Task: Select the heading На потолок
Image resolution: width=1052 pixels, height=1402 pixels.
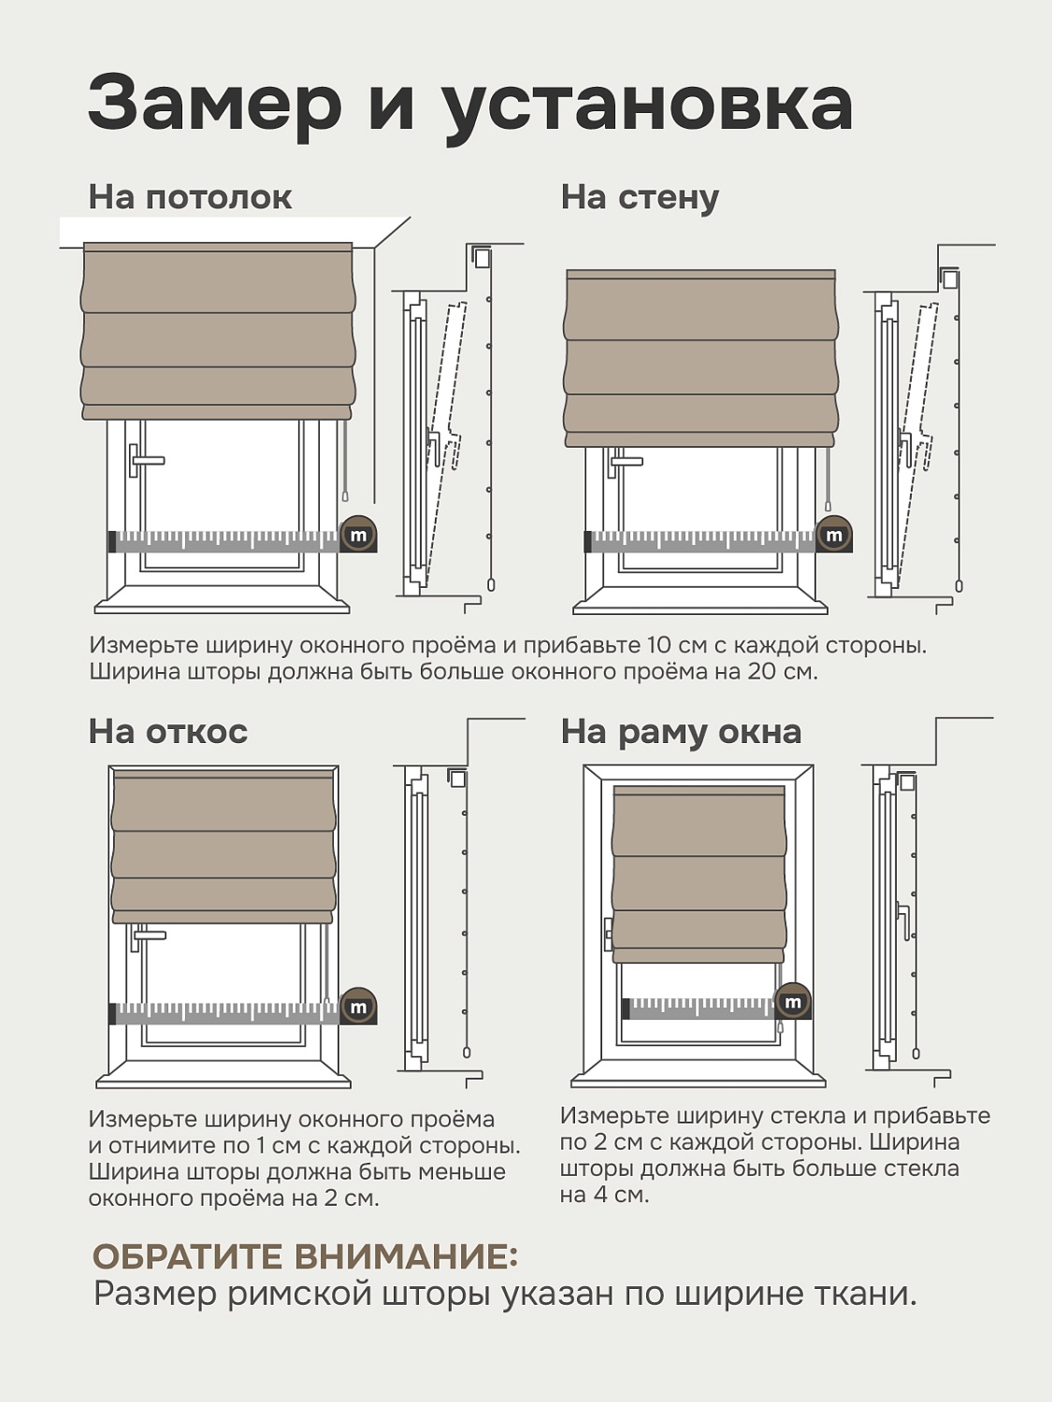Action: tap(190, 196)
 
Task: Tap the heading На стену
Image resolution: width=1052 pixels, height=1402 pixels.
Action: tap(640, 198)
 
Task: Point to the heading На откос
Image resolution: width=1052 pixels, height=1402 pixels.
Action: tap(167, 731)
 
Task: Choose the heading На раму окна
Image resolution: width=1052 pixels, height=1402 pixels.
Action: tap(681, 733)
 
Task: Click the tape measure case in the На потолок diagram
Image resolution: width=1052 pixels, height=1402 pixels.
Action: tap(358, 534)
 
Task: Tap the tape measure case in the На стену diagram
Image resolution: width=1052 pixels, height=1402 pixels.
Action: tap(833, 534)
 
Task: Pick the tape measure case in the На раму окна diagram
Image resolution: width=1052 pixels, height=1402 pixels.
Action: tap(793, 1001)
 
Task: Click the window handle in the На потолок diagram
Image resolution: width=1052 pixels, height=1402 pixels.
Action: tap(145, 460)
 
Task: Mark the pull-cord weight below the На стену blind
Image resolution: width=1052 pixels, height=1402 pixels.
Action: tap(829, 508)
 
